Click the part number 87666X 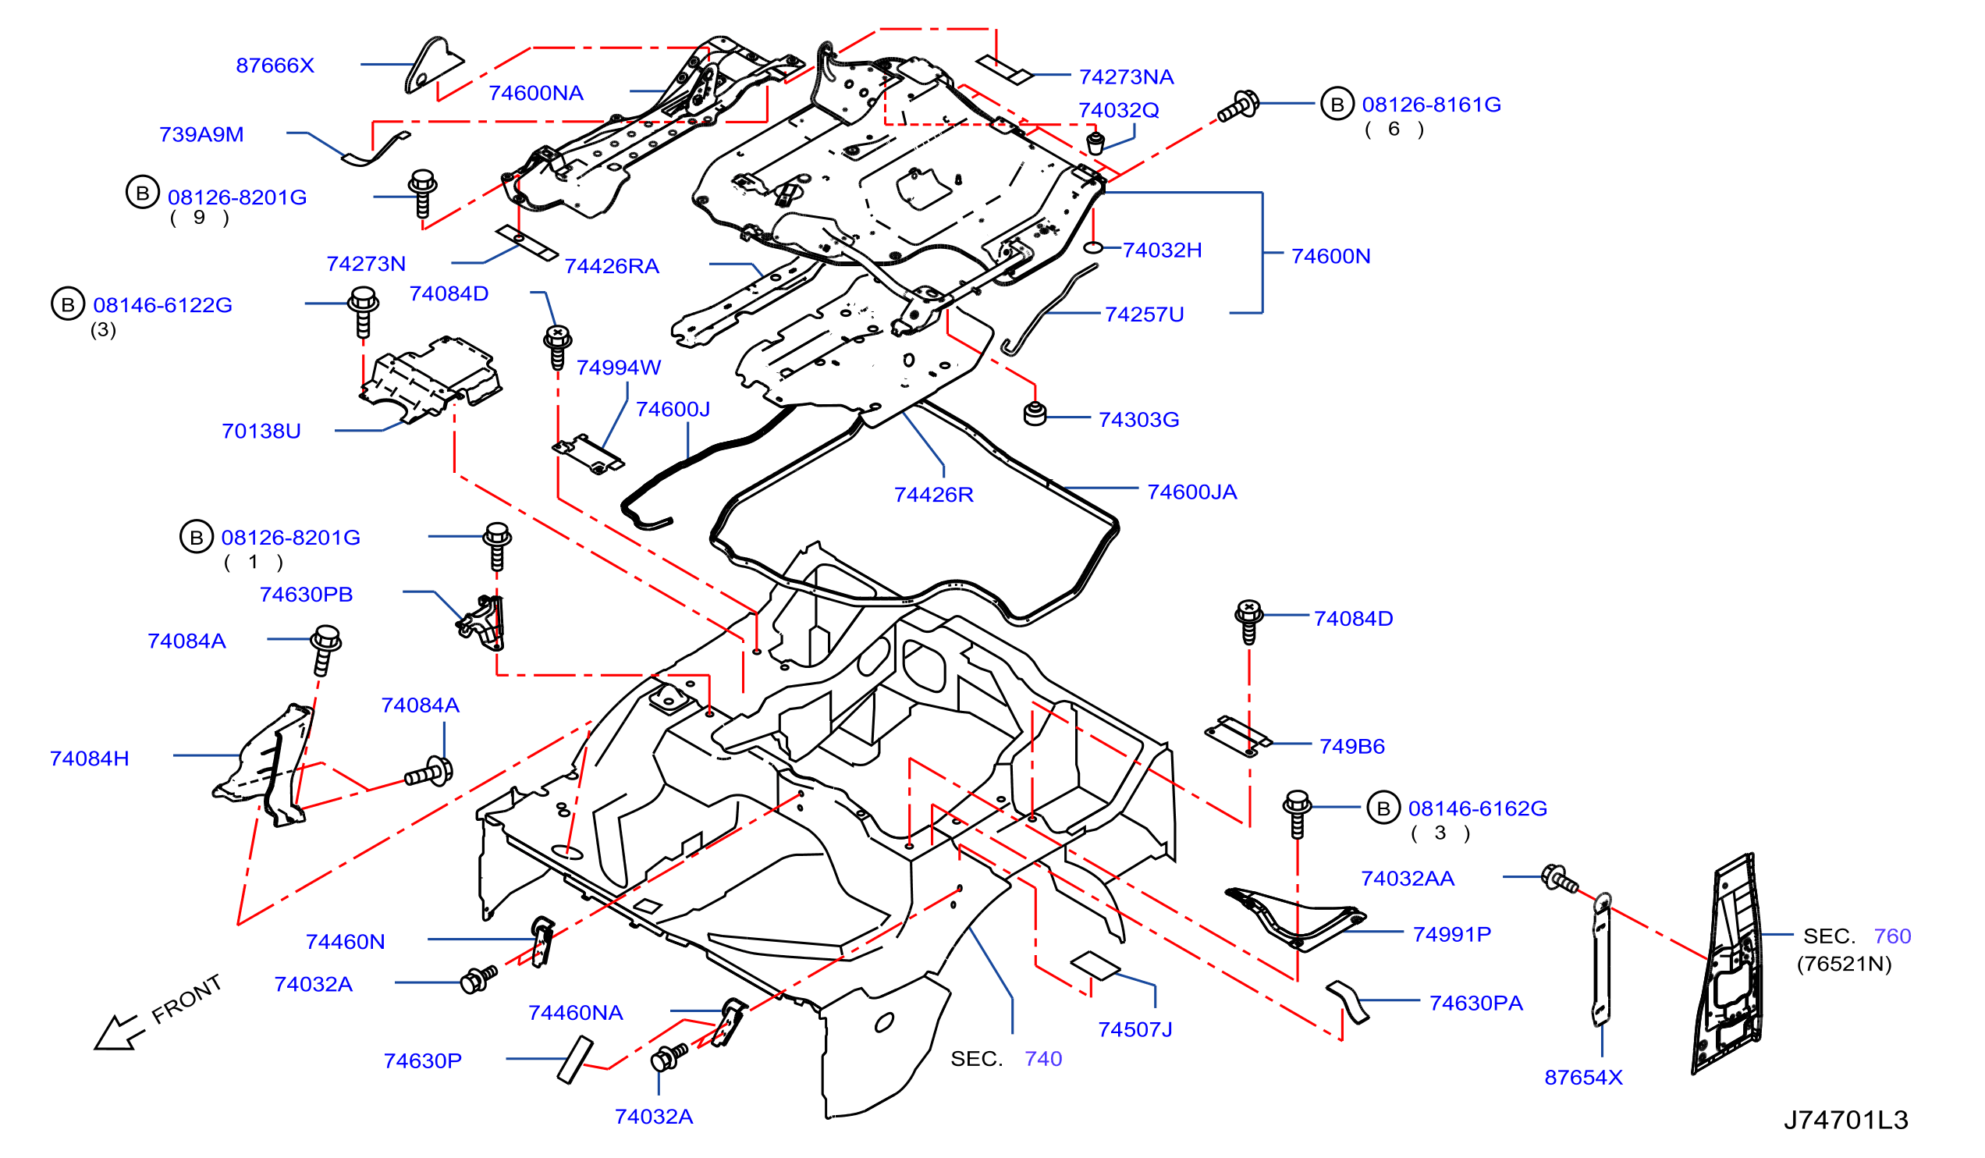coord(275,66)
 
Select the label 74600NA coord(535,93)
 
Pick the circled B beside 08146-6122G coord(68,304)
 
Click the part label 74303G coord(1138,420)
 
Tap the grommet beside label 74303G coord(1035,414)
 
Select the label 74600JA coord(1191,492)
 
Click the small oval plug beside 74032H coord(1093,248)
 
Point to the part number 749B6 coord(1351,747)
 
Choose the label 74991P coord(1452,934)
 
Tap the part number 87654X coord(1583,1078)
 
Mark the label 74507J coord(1135,1029)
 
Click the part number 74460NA coord(575,1013)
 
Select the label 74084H coord(89,758)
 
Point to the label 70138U coord(261,431)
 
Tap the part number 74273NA coord(1127,76)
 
